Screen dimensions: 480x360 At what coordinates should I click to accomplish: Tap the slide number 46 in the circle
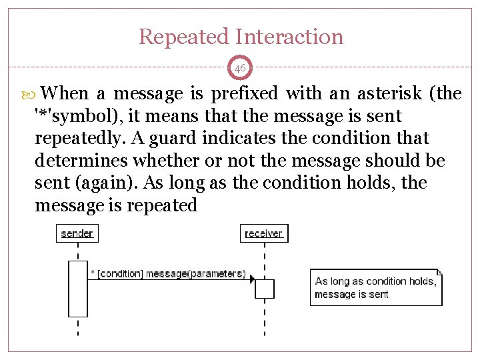[240, 68]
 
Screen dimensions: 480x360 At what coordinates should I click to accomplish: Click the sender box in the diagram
[77, 233]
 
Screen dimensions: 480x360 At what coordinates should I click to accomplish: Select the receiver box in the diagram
[264, 233]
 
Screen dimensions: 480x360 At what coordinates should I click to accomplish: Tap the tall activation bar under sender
[78, 288]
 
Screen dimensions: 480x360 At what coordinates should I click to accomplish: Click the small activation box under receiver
[265, 289]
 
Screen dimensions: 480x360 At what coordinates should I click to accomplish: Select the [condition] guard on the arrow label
[120, 273]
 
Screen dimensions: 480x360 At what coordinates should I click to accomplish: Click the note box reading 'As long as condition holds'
[375, 287]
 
